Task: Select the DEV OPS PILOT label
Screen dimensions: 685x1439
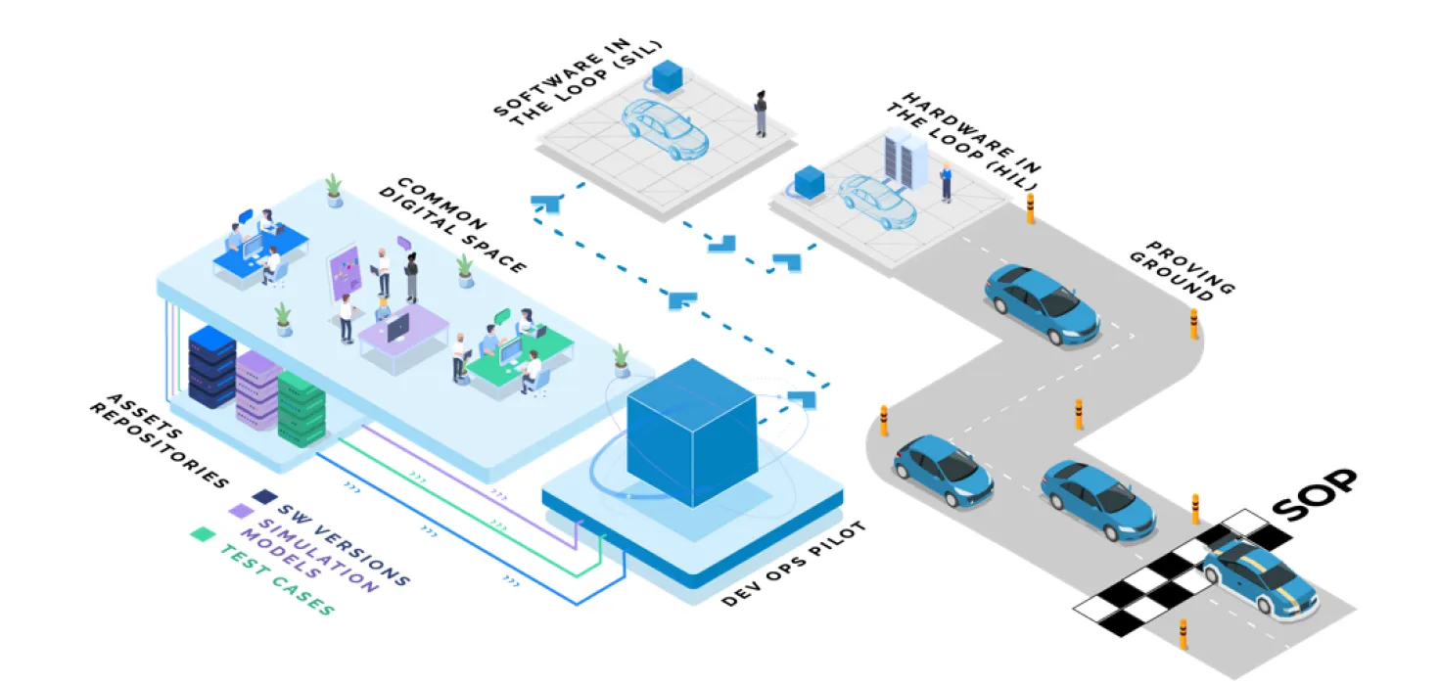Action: click(793, 565)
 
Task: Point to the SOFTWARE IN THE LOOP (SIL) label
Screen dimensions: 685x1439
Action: click(578, 78)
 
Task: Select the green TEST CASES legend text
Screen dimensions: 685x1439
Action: click(276, 579)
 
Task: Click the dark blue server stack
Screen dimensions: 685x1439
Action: click(211, 366)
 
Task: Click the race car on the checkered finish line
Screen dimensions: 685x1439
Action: click(1259, 577)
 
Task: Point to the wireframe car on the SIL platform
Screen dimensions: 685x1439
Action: click(666, 128)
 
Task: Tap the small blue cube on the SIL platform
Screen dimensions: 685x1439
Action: click(668, 76)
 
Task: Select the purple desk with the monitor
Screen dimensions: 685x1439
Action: click(401, 333)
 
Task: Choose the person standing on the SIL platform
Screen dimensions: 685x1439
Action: click(761, 114)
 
